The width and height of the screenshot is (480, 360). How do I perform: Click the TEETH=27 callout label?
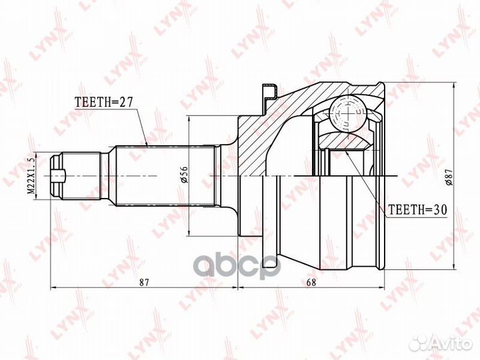[104, 102]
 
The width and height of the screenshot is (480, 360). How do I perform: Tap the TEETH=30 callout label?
[417, 210]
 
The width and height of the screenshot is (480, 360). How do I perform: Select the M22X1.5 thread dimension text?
[31, 176]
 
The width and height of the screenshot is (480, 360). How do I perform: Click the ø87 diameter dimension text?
[449, 176]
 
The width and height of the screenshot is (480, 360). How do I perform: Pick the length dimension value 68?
[311, 282]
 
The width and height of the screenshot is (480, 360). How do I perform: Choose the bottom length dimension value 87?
[144, 282]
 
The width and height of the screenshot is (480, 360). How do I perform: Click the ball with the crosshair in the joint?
[348, 113]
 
